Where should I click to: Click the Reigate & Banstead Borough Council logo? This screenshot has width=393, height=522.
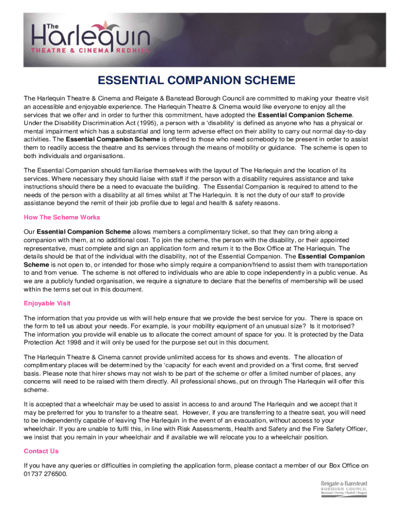coord(343,488)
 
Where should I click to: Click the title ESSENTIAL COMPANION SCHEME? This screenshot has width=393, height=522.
coord(196,81)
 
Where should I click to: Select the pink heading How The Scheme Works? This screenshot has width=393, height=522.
coord(62,217)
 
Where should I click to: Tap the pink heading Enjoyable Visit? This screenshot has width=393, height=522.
coord(47,303)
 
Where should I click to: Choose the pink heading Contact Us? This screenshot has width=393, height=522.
coord(41,451)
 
